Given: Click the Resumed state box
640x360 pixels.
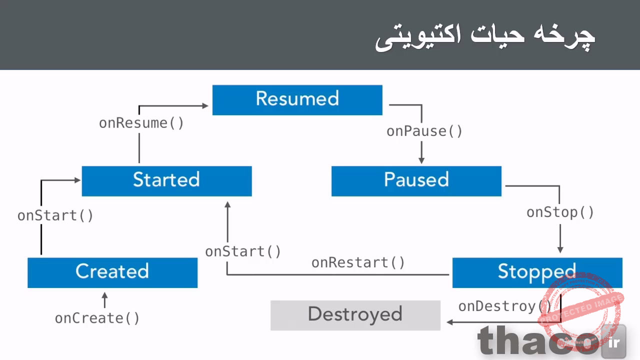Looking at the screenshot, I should pos(297,100).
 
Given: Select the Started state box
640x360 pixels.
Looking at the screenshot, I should pos(166,181).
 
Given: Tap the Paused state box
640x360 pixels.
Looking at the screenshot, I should pos(416,181).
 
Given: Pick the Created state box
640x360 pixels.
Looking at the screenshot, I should pos(112,272).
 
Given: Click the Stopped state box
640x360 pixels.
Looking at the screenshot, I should pos(537,272).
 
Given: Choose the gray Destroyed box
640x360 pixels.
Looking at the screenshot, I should pos(355,315).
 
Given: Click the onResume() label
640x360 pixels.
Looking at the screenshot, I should pos(141,123).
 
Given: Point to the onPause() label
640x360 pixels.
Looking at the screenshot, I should pos(424,131).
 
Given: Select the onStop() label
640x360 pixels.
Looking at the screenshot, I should pos(560,212).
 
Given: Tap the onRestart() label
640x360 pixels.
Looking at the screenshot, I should pos(358,263).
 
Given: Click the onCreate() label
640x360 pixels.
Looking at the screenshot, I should pos(97,318).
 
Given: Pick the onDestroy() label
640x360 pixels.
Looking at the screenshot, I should pos(504,306).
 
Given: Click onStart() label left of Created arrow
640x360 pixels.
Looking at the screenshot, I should pos(55,216).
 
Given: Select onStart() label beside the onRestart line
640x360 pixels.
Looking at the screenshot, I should pos(243,251).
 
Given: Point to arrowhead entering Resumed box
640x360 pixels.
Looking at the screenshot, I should pos(205,105).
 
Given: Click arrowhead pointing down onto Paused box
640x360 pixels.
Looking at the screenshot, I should pos(421,160).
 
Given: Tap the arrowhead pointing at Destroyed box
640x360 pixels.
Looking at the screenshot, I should pos(449,322).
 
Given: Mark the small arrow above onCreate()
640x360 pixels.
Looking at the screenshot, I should pos(104,300).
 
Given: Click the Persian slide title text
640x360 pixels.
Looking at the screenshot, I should pos(484,37).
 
